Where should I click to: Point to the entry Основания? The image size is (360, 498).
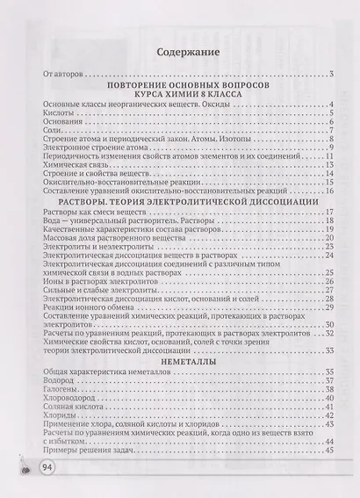(60, 124)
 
